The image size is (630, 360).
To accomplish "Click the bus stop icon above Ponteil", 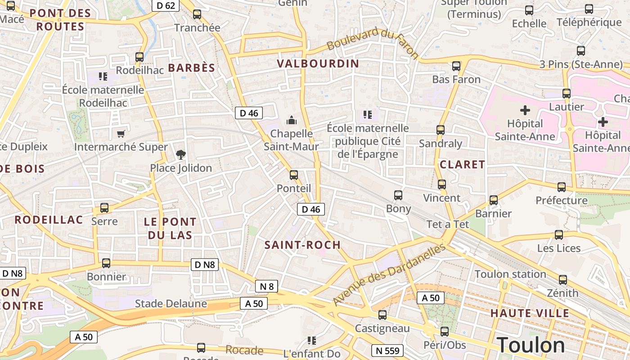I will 294,175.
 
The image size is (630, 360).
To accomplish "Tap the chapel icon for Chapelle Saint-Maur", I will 292,120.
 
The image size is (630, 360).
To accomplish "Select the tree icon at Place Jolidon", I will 180,155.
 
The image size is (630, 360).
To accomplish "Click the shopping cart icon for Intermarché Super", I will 121,134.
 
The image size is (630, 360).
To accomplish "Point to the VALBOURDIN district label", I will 318,63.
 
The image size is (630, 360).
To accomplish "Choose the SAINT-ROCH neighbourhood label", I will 302,245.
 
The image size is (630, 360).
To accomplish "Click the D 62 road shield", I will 166,5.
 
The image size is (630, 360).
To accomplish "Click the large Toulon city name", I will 531,345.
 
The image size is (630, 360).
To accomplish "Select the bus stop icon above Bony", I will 398,195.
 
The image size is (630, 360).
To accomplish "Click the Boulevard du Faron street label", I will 373,44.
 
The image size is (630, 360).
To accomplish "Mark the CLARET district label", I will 462,164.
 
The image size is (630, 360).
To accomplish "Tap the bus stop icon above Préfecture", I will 561,187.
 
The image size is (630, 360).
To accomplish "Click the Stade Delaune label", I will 171,304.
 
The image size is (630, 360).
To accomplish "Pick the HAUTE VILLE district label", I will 530,313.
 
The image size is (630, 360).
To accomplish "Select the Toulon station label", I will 510,274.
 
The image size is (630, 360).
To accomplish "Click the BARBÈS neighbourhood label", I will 191,68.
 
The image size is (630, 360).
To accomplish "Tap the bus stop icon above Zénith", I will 562,279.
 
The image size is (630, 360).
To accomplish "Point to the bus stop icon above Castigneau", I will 382,315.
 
